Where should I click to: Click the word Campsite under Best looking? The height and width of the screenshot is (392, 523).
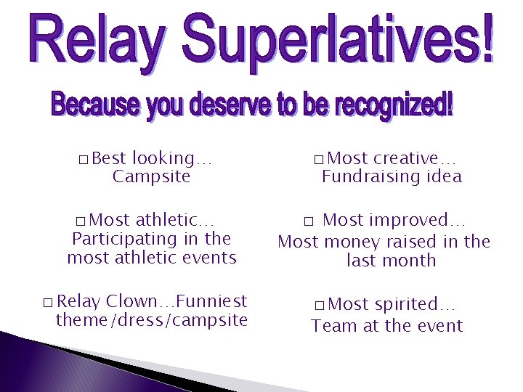pos(151,177)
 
